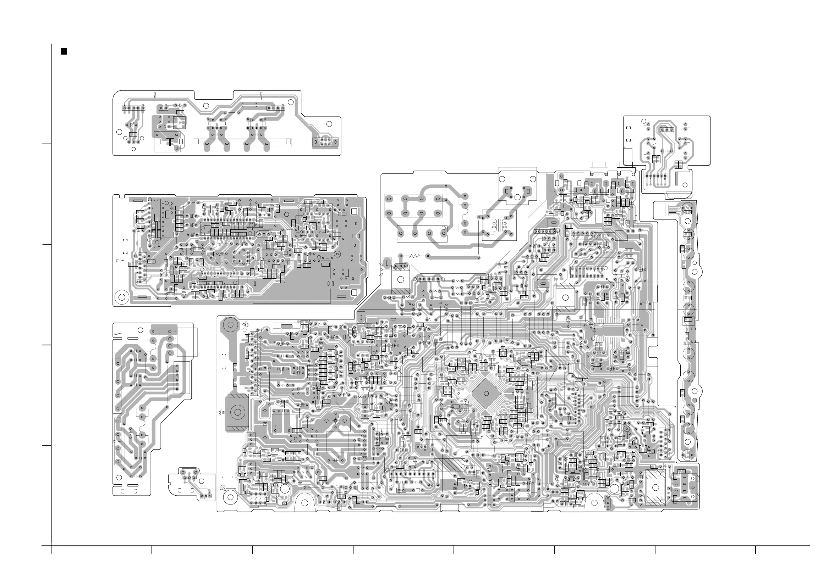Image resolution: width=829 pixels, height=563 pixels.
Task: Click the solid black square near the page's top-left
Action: click(64, 51)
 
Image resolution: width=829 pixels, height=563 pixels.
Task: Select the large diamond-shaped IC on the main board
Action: click(486, 394)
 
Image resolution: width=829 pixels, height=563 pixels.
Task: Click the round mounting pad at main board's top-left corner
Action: click(230, 325)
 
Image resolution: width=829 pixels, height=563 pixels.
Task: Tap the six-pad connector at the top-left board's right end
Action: click(325, 142)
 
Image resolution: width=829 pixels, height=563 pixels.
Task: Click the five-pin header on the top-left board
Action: click(133, 108)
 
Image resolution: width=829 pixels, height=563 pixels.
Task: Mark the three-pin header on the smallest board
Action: click(206, 496)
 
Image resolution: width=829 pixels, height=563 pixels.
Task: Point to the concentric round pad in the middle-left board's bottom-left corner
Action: click(122, 296)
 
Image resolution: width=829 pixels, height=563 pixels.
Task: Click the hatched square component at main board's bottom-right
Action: click(655, 487)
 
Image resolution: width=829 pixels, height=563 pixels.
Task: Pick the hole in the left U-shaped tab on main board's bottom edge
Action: click(304, 503)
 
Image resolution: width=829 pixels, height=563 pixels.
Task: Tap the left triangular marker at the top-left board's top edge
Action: click(155, 95)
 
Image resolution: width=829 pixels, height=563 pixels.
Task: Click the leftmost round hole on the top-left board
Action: click(119, 132)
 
